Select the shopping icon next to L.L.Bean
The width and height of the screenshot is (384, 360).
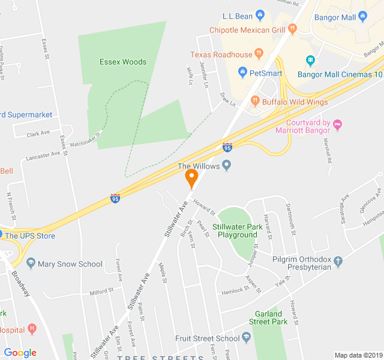pos(260,14)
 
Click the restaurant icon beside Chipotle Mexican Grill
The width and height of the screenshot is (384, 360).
pos(293,28)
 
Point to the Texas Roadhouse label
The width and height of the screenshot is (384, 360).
pos(221,55)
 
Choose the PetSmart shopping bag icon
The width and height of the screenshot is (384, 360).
pos(242,73)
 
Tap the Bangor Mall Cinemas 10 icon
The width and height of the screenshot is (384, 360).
pos(310,60)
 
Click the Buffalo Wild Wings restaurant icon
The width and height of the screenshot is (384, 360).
pos(255,101)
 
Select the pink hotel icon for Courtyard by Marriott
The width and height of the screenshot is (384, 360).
pos(337,125)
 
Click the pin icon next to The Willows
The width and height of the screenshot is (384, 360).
pos(227,166)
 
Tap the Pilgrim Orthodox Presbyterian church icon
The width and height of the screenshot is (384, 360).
pos(338,262)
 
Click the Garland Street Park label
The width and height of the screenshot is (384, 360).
pos(268,317)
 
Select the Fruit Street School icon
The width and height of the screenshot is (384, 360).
pos(246,338)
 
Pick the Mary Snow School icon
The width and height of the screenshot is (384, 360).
pos(30,264)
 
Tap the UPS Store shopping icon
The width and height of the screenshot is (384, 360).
pos(1,235)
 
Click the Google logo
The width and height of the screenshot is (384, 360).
pos(20,353)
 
